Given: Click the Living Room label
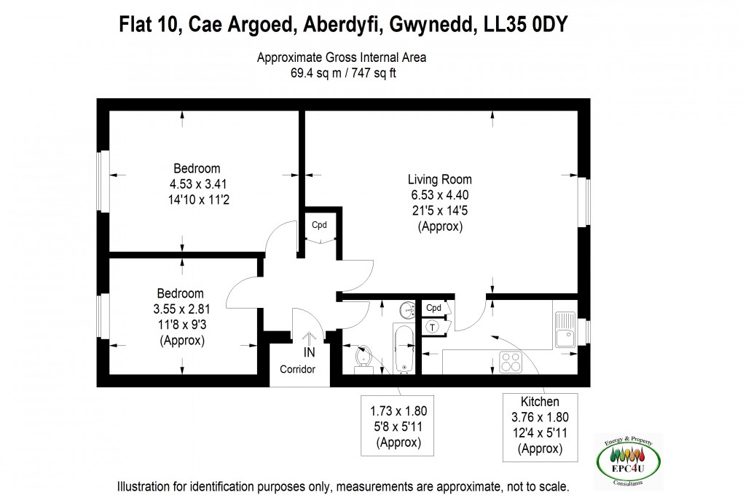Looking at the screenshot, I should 439,179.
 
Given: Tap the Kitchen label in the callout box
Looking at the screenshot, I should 540,402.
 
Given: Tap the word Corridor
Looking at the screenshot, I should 298,369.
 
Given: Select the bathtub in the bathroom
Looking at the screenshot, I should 403,348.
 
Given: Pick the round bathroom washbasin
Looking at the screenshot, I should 406,310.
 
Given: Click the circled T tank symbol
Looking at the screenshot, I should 433,328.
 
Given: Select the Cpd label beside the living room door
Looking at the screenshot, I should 319,224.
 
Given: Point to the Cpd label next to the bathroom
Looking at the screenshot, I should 433,307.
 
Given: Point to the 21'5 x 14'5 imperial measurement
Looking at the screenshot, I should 439,210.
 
